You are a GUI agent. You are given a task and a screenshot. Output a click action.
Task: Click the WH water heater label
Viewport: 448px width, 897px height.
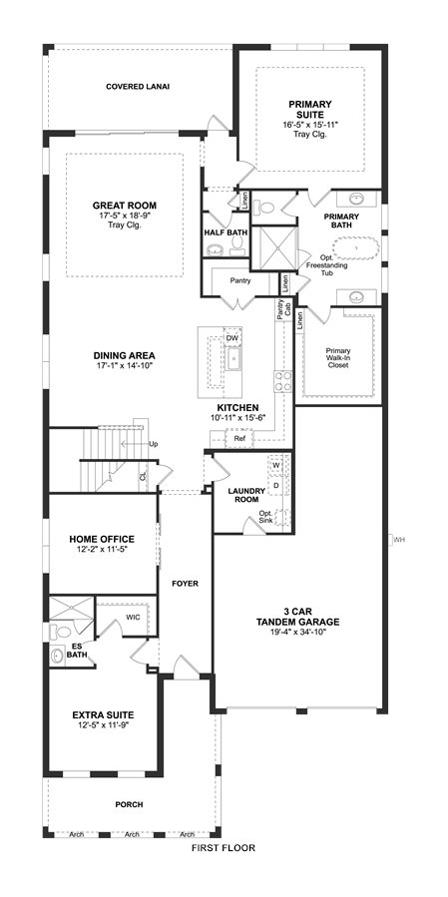[x=399, y=539]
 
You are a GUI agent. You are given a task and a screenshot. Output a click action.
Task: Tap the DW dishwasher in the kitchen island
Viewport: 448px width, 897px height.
[x=231, y=338]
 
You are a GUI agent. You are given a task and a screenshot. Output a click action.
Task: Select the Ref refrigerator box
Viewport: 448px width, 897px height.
[x=235, y=439]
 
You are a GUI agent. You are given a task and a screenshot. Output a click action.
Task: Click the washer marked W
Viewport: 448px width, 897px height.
[x=276, y=465]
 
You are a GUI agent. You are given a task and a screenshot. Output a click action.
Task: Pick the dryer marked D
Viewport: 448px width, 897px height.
[x=276, y=485]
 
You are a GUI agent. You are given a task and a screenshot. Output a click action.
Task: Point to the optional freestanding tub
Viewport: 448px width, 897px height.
[x=356, y=248]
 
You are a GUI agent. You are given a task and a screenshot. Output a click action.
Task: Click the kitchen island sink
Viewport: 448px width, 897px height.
[x=234, y=360]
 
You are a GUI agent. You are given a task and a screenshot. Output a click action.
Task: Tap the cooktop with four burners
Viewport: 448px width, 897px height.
[x=283, y=381]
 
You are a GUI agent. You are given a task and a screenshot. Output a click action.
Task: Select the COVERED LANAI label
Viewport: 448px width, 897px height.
[x=138, y=87]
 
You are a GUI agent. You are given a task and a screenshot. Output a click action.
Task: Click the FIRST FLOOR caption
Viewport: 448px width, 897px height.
[x=224, y=848]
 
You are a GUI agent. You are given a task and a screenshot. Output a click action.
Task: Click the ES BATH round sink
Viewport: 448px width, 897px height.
[x=56, y=657]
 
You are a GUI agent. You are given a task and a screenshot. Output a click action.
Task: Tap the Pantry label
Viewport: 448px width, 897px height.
[x=240, y=281]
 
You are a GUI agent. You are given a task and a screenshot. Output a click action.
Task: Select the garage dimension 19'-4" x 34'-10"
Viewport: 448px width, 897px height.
[x=297, y=633]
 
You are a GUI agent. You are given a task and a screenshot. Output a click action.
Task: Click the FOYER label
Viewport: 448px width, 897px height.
[x=185, y=584]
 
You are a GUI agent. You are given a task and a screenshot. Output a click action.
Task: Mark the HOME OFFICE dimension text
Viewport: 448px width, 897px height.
[x=102, y=550]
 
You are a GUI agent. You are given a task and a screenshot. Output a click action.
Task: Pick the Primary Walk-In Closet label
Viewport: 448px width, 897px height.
[x=338, y=358]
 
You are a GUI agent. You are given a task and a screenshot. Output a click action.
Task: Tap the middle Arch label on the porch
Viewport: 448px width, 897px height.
[x=132, y=835]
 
